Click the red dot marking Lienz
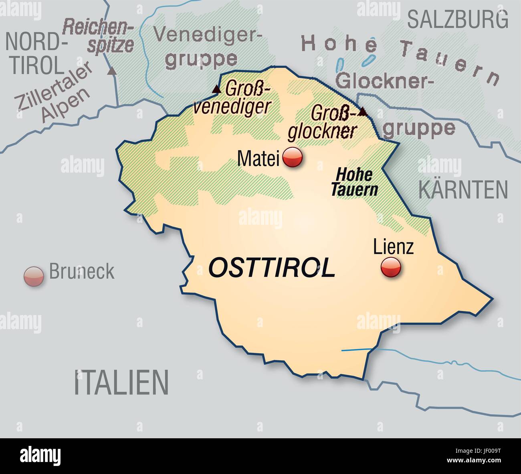(390, 267)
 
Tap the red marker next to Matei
(293, 157)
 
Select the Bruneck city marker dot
(34, 276)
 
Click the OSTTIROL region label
(272, 268)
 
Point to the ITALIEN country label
(121, 382)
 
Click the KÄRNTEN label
(463, 190)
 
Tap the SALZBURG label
(458, 20)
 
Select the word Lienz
(393, 247)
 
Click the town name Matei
(258, 159)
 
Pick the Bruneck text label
(82, 272)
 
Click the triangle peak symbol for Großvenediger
(216, 89)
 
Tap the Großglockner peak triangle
(362, 111)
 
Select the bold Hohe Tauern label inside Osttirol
(354, 182)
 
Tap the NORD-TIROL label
(35, 53)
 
